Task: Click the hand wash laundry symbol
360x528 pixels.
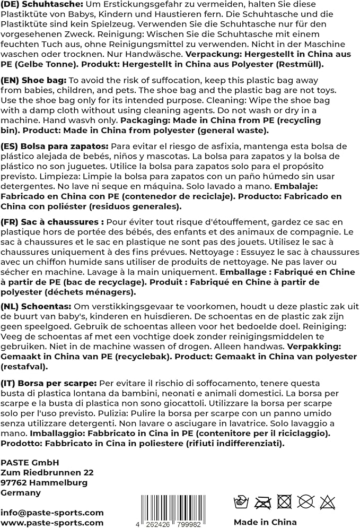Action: tap(242, 501)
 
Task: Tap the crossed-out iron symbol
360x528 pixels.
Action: tap(264, 501)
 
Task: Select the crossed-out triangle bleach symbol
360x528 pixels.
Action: tap(328, 501)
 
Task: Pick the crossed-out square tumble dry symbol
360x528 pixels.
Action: tap(285, 501)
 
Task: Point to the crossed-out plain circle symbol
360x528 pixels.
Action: tap(306, 501)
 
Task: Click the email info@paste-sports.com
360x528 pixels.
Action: tap(52, 512)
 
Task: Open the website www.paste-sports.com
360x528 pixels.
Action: tap(52, 523)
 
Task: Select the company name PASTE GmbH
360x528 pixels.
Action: tap(30, 462)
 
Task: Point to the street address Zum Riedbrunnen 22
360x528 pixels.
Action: tap(47, 472)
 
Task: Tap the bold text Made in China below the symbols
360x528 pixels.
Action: tap(265, 522)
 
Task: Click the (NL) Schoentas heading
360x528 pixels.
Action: tap(36, 307)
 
